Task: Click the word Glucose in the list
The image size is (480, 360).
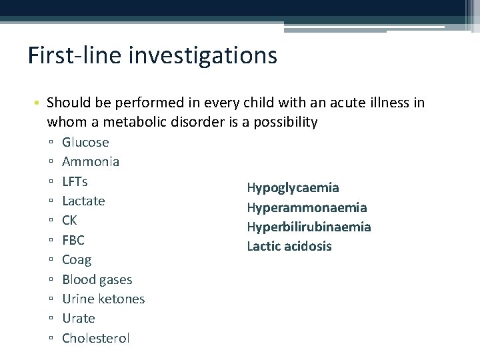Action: click(x=85, y=142)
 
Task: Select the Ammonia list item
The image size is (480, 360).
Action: click(x=91, y=161)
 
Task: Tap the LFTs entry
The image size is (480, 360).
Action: click(x=75, y=181)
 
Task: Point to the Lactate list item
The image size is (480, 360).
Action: click(x=83, y=201)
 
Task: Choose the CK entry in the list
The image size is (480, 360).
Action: click(x=69, y=221)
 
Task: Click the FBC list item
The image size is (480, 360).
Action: click(x=73, y=240)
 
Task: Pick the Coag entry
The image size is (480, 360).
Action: click(x=77, y=260)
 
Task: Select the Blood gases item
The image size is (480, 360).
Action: click(x=97, y=280)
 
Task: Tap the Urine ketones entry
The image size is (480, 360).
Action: click(x=103, y=299)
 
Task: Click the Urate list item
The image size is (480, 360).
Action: click(x=79, y=319)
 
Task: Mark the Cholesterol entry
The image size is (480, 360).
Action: click(x=96, y=339)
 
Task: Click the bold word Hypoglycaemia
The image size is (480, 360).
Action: click(x=293, y=188)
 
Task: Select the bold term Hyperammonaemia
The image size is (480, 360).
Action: click(x=307, y=208)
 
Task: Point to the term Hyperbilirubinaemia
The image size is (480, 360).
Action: click(x=309, y=227)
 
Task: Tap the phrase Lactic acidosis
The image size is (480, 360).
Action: click(x=289, y=247)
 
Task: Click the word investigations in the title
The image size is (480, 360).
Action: click(x=212, y=55)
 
